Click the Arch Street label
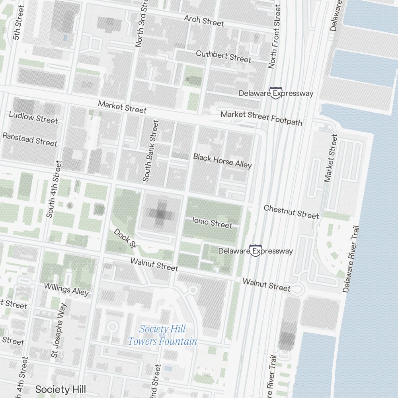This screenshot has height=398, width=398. pos(204,20)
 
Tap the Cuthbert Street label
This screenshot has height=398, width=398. pos(223,56)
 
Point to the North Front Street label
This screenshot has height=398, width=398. pos(275,36)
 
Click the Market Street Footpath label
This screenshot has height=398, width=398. pos(261,118)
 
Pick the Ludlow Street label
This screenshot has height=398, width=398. pos(33,117)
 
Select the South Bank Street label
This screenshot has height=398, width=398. pos(151,151)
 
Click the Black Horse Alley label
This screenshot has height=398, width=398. pos(222,160)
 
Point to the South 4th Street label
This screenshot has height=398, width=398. pos(54,189)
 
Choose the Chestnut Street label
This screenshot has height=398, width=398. pos(291,211)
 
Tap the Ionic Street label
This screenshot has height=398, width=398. pos(212,222)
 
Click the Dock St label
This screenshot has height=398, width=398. pos(123,238)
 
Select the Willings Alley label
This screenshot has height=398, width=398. pos(66,289)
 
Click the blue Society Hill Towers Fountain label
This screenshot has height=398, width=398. pos(162,335)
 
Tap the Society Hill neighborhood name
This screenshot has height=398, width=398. pos(60,389)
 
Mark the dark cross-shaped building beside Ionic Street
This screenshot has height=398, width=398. pos(160,214)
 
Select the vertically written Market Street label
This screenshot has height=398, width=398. pos(331,158)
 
